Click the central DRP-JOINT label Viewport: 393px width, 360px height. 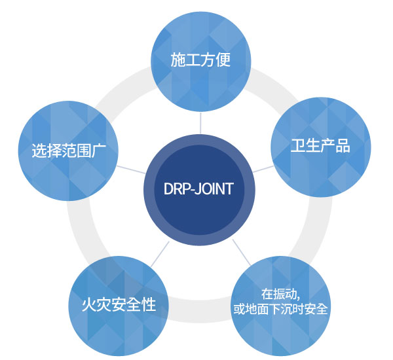198,189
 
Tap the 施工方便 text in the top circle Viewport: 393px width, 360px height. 200,60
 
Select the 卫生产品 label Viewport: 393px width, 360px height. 320,145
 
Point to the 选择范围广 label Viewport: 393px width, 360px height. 69,151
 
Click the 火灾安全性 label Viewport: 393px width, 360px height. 119,304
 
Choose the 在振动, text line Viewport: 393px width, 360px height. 281,294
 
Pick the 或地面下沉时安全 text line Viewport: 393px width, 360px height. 280,309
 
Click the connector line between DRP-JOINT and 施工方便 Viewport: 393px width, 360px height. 200,123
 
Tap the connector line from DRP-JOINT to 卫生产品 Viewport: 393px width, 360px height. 263,169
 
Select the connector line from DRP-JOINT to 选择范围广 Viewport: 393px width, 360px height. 131,170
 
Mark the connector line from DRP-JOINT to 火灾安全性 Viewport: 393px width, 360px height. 160,254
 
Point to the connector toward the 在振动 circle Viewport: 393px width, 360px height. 242,252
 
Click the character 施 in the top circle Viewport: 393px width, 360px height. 178,60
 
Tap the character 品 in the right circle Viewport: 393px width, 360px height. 343,145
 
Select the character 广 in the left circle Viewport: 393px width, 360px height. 99,151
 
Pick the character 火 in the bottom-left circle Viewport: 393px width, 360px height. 89,304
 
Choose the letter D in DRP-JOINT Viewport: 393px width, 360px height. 168,189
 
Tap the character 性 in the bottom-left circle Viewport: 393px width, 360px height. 149,304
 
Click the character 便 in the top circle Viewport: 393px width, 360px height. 223,60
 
